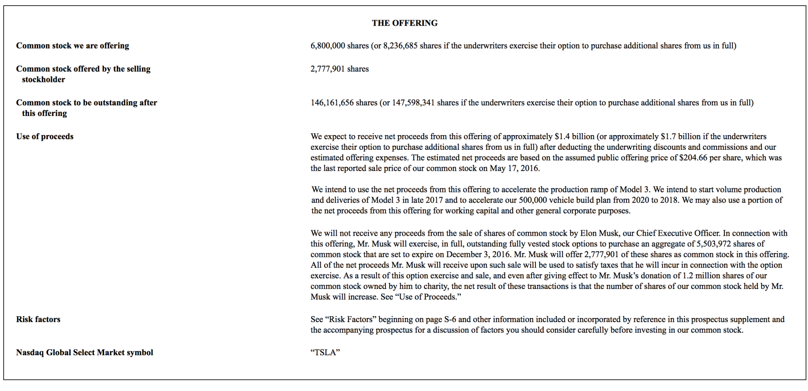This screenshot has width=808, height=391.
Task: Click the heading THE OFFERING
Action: click(x=404, y=23)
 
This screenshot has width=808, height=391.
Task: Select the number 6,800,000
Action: click(x=327, y=46)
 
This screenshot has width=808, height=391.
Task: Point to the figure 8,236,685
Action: click(x=400, y=46)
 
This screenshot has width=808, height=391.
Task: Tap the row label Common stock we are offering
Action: click(x=73, y=46)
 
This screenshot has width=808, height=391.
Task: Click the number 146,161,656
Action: click(x=332, y=103)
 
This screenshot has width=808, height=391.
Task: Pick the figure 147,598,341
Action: click(x=413, y=103)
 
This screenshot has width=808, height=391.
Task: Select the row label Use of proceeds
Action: click(x=45, y=137)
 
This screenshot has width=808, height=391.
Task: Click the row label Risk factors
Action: click(x=38, y=320)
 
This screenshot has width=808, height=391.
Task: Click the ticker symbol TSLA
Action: click(x=325, y=353)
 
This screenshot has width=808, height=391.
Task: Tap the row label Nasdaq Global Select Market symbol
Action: click(x=84, y=353)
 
